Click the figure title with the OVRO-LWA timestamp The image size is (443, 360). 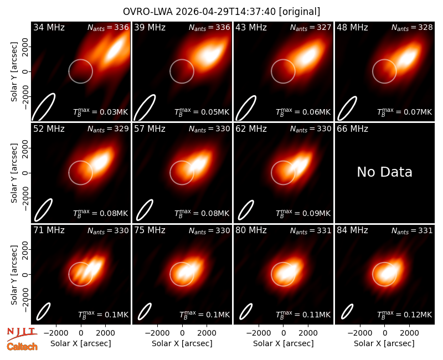tap(221, 12)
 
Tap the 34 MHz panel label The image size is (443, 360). tap(49, 27)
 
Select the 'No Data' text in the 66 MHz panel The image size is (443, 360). tap(384, 172)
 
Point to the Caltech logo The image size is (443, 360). tap(22, 347)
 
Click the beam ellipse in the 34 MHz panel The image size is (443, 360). tap(43, 107)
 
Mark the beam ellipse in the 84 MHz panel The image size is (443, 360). tap(347, 311)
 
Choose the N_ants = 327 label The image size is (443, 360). tap(311, 27)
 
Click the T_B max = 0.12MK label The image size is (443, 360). tap(404, 314)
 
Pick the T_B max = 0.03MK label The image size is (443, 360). tap(101, 112)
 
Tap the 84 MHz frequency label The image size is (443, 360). tap(352, 230)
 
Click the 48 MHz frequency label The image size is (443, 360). tap(352, 27)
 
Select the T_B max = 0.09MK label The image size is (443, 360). tap(303, 213)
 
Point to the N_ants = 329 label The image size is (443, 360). tap(108, 129)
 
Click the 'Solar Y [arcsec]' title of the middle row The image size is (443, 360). tap(14, 173)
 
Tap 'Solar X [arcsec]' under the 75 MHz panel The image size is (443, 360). tap(182, 343)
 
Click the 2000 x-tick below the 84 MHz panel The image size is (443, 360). tap(409, 333)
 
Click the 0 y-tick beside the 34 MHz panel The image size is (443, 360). tap(25, 71)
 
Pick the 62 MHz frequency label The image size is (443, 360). tap(251, 129)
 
